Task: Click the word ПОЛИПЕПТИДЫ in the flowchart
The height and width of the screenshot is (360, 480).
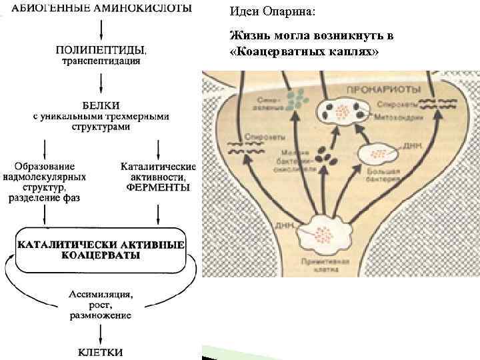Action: pos(101,50)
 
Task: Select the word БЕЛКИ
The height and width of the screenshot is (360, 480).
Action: pos(101,105)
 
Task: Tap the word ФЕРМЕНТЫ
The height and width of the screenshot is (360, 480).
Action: pos(157,187)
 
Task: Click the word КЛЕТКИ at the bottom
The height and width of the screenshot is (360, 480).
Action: pos(101,351)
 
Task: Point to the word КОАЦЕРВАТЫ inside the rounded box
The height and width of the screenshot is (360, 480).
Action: pos(101,255)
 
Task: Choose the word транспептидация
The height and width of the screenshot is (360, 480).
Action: pos(101,61)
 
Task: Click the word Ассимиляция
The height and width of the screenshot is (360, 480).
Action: pos(101,293)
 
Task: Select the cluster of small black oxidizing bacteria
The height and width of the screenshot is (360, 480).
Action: pos(326,159)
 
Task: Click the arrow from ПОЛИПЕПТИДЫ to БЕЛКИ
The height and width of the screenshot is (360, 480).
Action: pos(101,81)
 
